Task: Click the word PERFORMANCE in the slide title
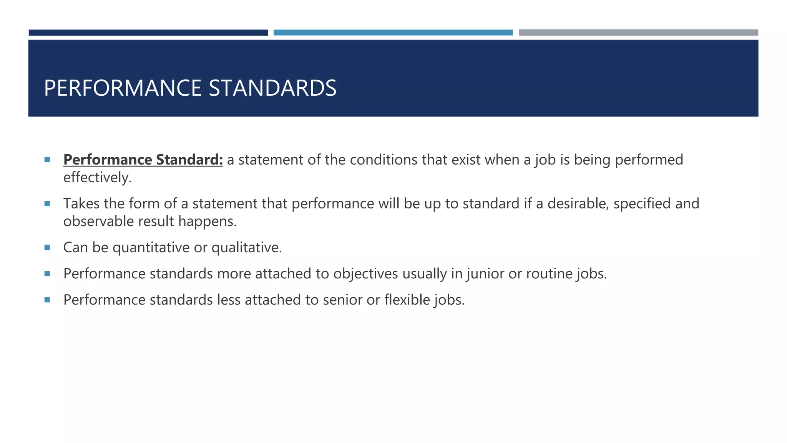123,88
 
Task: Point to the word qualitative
246,248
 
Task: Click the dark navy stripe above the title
148,33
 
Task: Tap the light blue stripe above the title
393,33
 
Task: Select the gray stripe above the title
638,33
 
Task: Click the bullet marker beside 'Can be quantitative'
47,248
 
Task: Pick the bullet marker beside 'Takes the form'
47,204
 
